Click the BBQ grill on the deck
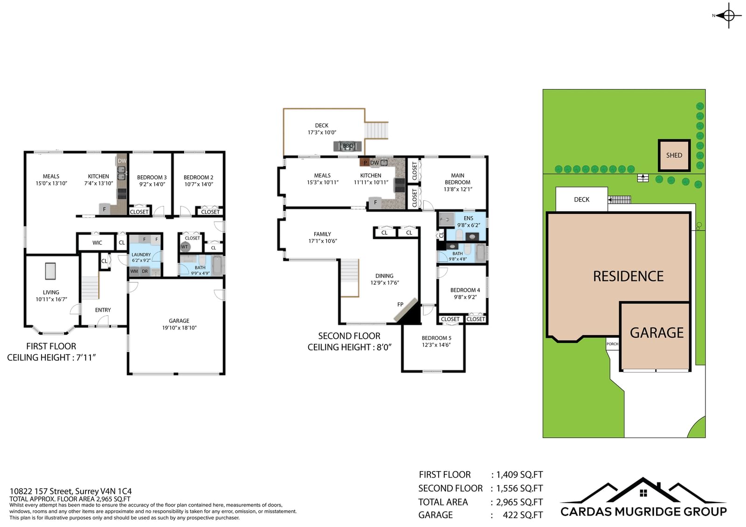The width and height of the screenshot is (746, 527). point(348,146)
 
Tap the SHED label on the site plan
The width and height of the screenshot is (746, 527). point(674,155)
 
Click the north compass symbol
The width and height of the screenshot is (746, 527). point(728,15)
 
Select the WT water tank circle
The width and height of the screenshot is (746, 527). point(185,246)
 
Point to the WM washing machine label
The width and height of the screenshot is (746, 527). point(134,271)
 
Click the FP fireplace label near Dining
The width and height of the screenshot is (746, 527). point(401,304)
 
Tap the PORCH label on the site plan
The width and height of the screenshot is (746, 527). point(612,344)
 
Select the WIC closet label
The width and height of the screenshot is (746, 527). point(97,243)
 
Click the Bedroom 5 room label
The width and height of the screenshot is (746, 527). point(436,338)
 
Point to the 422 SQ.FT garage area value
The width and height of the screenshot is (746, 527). point(523,515)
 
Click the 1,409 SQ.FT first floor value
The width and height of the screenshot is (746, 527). point(519,474)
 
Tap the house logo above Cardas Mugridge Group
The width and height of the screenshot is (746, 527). point(643,490)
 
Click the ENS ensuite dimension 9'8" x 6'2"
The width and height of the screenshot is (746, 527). point(469,226)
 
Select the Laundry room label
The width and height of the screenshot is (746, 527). point(141,255)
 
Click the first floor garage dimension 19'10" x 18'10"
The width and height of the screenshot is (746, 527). point(179,328)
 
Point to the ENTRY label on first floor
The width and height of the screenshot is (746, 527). point(103,310)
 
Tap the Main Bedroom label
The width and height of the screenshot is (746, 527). point(457,179)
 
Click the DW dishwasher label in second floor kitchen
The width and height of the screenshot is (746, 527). point(375,163)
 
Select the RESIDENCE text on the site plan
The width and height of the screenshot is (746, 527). point(628,276)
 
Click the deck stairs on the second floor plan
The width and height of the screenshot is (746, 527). point(376,130)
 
